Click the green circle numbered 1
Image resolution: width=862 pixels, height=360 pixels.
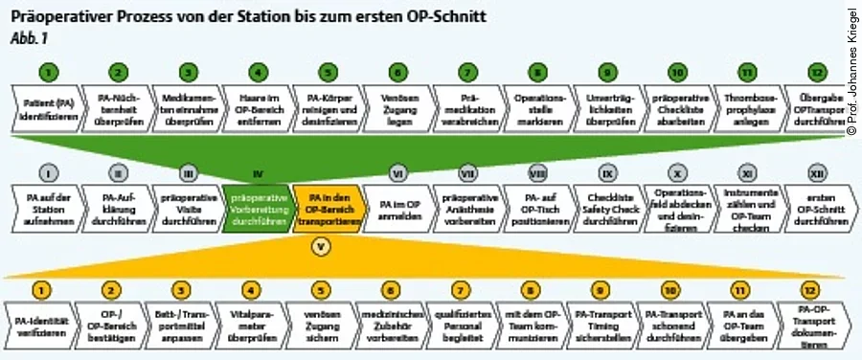(51, 71)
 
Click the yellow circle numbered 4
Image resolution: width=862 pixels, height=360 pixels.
(251, 287)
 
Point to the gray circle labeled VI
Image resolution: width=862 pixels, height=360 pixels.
(398, 173)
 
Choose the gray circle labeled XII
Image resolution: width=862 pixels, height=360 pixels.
(816, 173)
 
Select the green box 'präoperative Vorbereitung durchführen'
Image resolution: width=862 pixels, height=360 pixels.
(257, 207)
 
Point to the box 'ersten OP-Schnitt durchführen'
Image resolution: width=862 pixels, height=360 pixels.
(816, 207)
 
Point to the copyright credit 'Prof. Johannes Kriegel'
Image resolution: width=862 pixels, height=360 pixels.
(851, 67)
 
